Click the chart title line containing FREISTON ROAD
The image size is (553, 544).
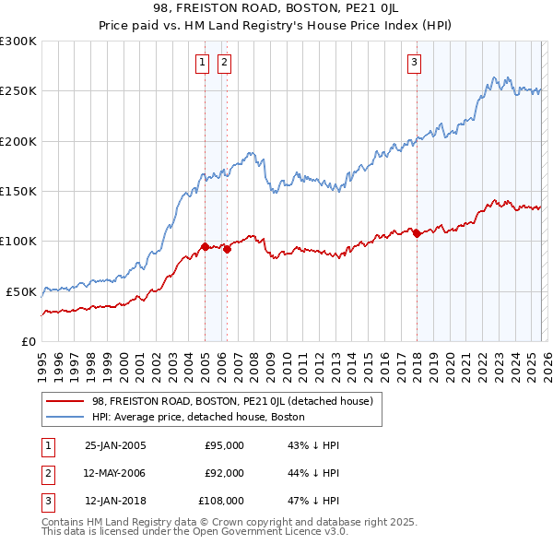[x=276, y=9]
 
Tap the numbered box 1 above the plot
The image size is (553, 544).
[x=202, y=63]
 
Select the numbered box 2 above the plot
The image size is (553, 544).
[x=224, y=63]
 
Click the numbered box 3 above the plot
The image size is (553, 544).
[x=415, y=63]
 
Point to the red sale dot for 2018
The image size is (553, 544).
[x=418, y=233]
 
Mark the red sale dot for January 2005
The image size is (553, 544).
[x=205, y=246]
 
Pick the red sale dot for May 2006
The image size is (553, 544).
[x=227, y=249]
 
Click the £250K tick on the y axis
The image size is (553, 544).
[x=18, y=91]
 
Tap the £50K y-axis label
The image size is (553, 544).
[x=21, y=291]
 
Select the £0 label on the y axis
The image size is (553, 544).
[x=28, y=341]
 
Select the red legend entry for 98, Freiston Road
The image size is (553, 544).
[x=231, y=401]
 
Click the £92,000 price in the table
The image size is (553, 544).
[x=224, y=473]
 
